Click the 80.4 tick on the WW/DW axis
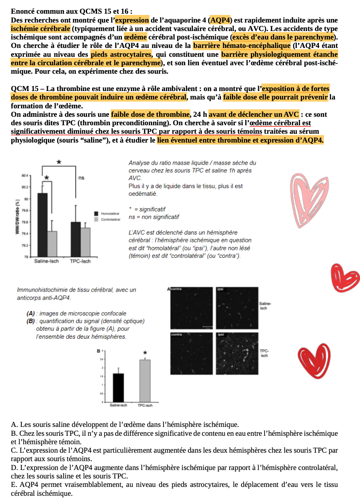pos(25,176)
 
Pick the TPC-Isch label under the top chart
pos(80,261)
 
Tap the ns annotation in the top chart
pos(81,178)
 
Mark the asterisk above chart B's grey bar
pos(145,353)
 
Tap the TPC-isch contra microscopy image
pos(191,353)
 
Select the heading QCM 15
pos(25,89)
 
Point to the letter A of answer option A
pos(14,424)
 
